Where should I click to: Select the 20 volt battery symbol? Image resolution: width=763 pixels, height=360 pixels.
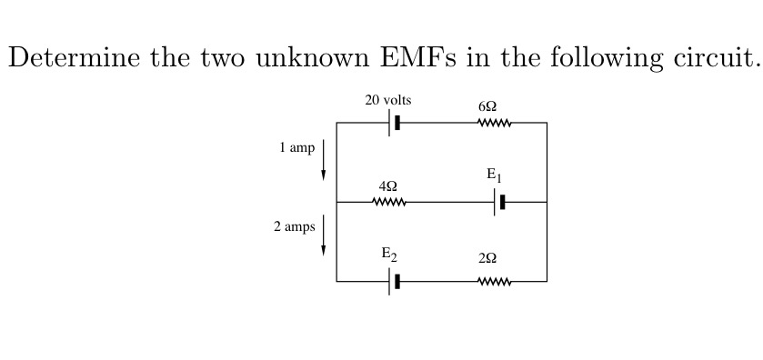point(394,123)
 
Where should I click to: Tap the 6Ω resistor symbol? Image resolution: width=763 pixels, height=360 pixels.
point(495,123)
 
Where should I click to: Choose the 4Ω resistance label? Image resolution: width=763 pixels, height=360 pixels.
point(387,185)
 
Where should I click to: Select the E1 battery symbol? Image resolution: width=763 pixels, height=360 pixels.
point(499,202)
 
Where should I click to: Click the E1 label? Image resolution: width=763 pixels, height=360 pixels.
point(494,175)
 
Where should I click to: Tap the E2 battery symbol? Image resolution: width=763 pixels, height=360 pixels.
point(394,282)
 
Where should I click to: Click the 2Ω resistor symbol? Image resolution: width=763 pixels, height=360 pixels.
point(495,282)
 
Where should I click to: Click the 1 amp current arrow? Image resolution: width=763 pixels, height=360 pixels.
point(324,160)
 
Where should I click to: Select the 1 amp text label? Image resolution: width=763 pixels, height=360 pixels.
point(296,147)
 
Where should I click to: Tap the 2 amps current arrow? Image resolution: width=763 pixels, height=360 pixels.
point(324,235)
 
